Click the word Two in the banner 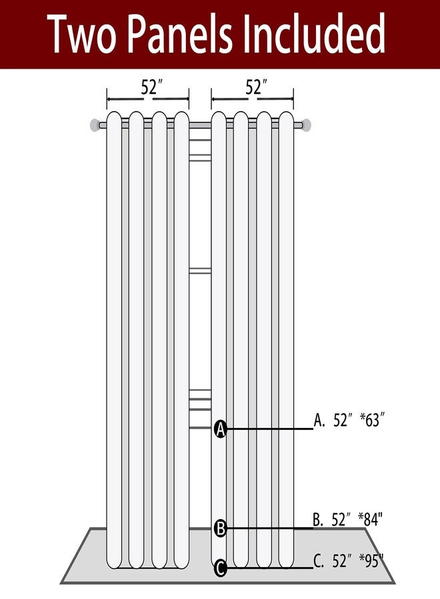point(81,34)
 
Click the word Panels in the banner point(179,34)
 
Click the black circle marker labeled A point(221,429)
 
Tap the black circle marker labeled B point(221,528)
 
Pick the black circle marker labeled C point(221,568)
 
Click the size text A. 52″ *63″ point(349,420)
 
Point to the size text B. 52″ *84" point(348,519)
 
